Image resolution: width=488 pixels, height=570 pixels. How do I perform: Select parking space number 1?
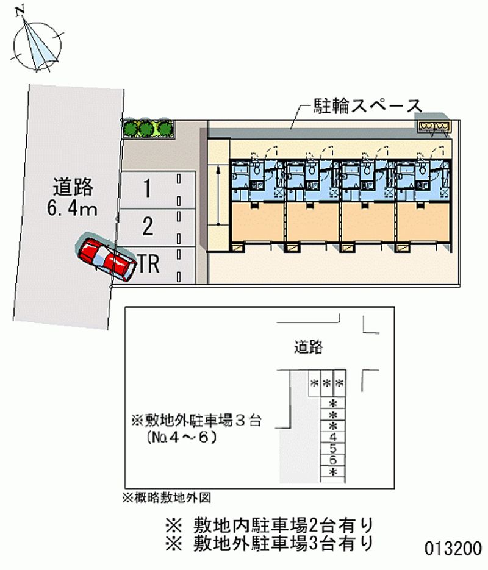[157, 189]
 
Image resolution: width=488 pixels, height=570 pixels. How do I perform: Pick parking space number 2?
[157, 227]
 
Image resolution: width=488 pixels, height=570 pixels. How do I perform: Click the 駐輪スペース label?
[368, 106]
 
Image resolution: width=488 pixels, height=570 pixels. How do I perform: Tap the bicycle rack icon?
[434, 126]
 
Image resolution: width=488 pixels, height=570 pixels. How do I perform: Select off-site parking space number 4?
[332, 437]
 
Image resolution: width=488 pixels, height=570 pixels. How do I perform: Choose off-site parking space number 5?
[332, 449]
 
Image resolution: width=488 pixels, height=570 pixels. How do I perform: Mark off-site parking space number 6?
[332, 460]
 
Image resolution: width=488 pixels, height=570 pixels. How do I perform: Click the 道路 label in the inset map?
[309, 347]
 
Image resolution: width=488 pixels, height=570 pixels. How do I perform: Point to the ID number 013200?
[453, 549]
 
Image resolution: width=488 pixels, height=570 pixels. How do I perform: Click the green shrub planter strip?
[148, 129]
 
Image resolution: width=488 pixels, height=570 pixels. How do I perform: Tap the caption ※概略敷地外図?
[167, 497]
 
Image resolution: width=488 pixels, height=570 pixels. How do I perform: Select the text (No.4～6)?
[181, 437]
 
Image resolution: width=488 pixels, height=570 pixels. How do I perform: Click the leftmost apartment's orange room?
[257, 222]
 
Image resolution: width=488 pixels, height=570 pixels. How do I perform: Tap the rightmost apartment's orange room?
[423, 222]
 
